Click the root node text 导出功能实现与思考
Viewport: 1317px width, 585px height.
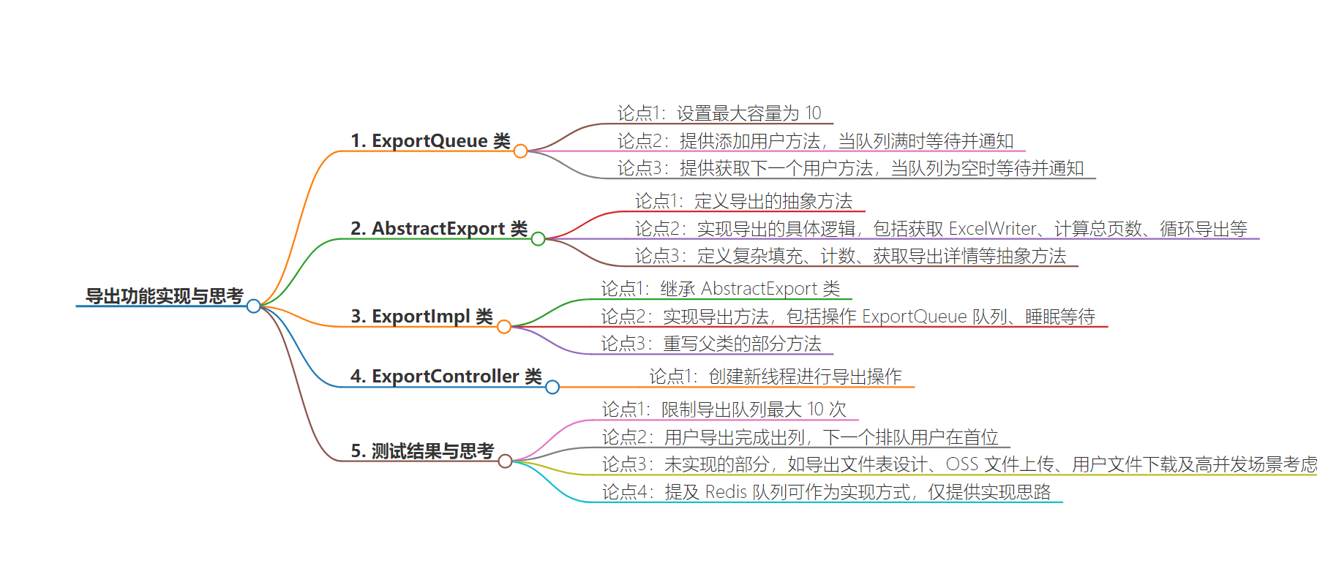165,296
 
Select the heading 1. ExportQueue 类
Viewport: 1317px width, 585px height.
430,141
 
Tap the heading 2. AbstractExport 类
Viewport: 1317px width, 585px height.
439,229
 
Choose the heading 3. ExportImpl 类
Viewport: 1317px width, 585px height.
421,317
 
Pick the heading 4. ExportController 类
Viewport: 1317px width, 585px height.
446,377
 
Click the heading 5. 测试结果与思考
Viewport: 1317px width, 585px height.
422,451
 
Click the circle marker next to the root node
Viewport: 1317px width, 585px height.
254,306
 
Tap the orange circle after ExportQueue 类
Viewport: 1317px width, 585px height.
520,151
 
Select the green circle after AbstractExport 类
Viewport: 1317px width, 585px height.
538,239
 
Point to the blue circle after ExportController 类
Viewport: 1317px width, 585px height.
552,387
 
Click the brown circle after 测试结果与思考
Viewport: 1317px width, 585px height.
505,461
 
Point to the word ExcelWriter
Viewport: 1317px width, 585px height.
993,229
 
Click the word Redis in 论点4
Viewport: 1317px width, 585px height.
726,492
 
